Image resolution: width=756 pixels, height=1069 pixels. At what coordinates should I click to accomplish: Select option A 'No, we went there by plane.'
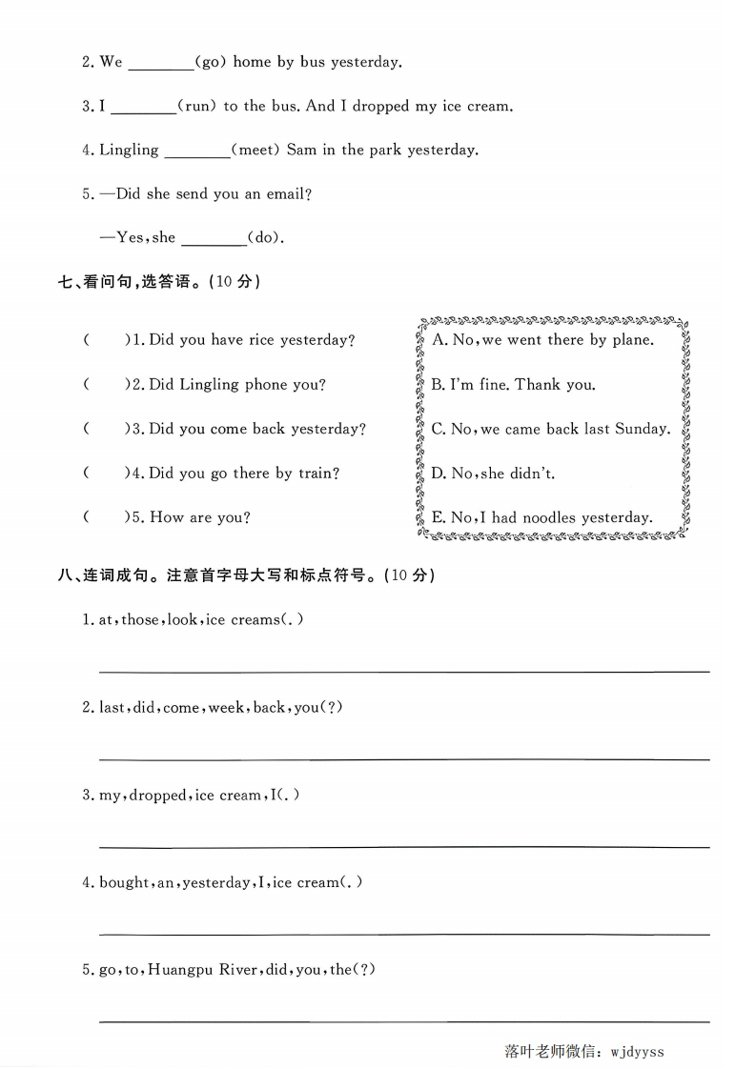(x=542, y=340)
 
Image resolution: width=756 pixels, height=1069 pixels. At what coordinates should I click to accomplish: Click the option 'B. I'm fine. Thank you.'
(x=513, y=385)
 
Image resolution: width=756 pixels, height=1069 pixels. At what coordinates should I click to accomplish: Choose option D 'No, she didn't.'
(x=493, y=474)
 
